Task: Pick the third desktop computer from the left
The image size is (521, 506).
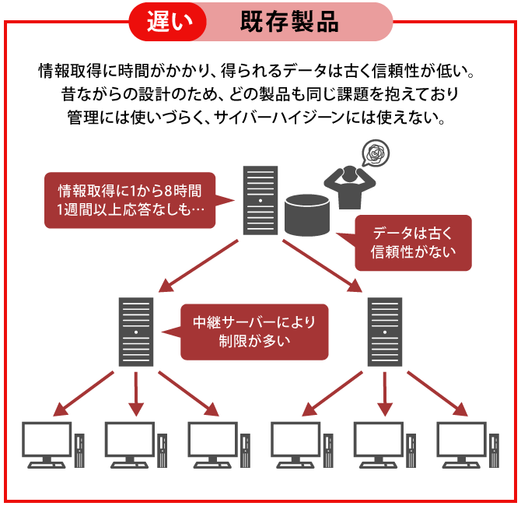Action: [x=213, y=444]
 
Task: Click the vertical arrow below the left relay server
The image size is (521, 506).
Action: [x=136, y=393]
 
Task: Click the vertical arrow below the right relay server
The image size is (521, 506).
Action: [x=384, y=393]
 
